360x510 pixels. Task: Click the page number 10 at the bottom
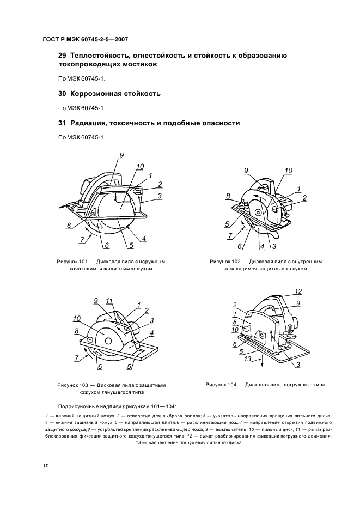coord(46,466)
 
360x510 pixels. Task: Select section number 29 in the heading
coord(62,56)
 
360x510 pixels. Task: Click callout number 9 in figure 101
coord(122,156)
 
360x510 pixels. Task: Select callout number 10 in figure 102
coord(288,170)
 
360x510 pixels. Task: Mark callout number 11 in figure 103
coord(109,301)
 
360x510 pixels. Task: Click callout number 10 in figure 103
coord(76,318)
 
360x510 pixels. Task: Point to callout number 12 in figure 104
coord(298,292)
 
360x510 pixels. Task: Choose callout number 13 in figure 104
coord(248,359)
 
